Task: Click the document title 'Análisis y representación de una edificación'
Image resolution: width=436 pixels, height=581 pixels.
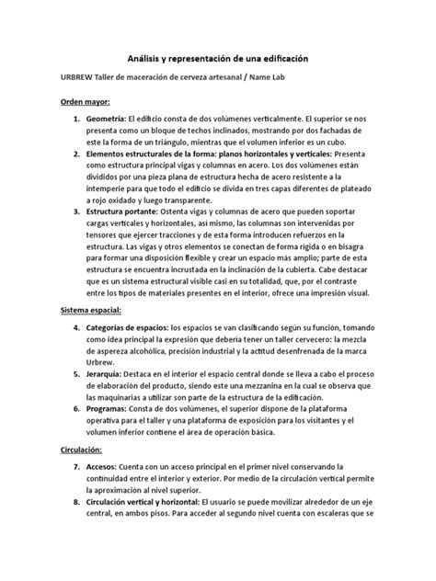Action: pyautogui.click(x=218, y=57)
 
